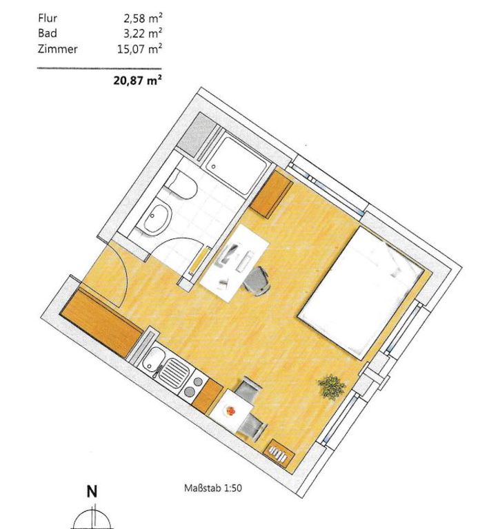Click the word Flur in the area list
48,18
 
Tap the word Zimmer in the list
57,50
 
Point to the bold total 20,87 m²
137,81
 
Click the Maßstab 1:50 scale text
212,488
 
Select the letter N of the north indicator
92,492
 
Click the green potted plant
332,386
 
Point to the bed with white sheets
361,292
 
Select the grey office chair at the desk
257,281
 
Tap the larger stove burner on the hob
189,391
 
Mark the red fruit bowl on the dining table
230,411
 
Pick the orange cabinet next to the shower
272,194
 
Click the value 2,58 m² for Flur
143,18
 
